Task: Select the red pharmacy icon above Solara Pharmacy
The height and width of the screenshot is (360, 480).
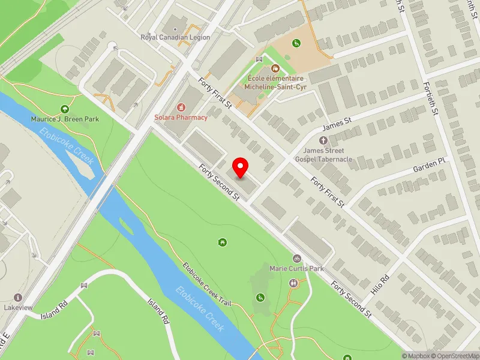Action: tap(178, 107)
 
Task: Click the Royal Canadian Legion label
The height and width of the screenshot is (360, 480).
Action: tap(175, 37)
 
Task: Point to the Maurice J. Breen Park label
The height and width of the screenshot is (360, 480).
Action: tap(65, 119)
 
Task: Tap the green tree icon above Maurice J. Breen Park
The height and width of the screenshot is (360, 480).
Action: tap(65, 109)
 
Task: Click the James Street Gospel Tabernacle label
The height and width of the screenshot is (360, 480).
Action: tap(323, 155)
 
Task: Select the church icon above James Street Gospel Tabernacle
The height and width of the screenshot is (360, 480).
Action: tap(323, 140)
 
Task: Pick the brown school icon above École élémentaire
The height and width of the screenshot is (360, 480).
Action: tap(275, 68)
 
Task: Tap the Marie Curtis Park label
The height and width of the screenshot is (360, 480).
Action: tap(296, 268)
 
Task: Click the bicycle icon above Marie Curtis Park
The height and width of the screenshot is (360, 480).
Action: tap(296, 259)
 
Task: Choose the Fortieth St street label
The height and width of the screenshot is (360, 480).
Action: tap(433, 99)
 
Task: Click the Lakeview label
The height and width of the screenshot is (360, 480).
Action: tap(17, 307)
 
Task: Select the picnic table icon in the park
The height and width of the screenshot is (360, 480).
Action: tap(223, 242)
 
